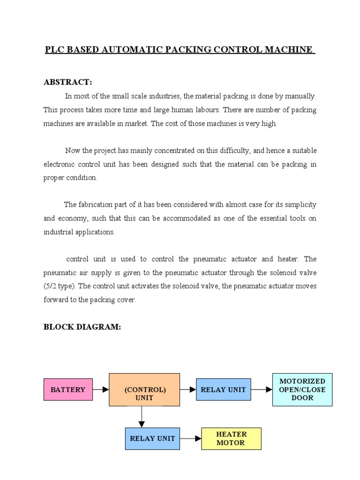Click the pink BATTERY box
pyautogui.click(x=68, y=390)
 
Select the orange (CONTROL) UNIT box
pyautogui.click(x=144, y=390)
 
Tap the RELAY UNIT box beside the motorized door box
pyautogui.click(x=223, y=390)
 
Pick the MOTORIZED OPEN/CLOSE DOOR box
pyautogui.click(x=302, y=390)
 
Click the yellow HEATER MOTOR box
pyautogui.click(x=231, y=439)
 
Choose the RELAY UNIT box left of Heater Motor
pyautogui.click(x=152, y=439)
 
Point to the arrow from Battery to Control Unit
pyautogui.click(x=101, y=390)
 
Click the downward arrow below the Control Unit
pyautogui.click(x=142, y=417)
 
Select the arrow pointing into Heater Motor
pyautogui.click(x=191, y=439)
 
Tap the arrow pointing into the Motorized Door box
pyautogui.click(x=262, y=390)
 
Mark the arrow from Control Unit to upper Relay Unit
pyautogui.click(x=188, y=390)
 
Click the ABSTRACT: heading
pyautogui.click(x=67, y=82)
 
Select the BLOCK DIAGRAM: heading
pyautogui.click(x=82, y=327)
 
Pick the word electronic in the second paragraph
pyautogui.click(x=60, y=164)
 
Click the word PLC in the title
pyautogui.click(x=55, y=50)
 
